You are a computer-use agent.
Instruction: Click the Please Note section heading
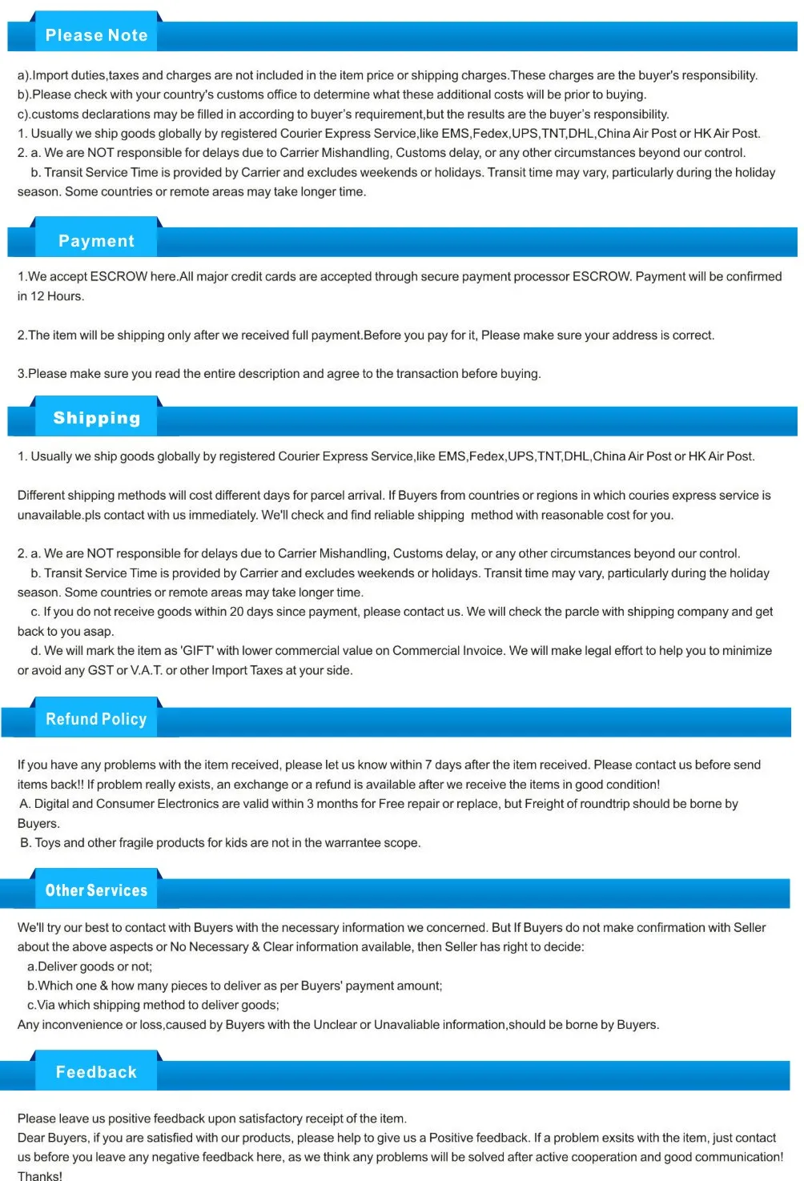[96, 35]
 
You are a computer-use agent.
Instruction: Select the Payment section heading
[96, 241]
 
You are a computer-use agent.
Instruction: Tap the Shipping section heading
[96, 418]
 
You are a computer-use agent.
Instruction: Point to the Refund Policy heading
[96, 719]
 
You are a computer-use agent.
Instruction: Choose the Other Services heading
[96, 890]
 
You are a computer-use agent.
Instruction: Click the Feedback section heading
[96, 1072]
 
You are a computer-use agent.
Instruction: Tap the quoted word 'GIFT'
[197, 651]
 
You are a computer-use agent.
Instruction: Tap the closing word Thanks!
[40, 1175]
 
